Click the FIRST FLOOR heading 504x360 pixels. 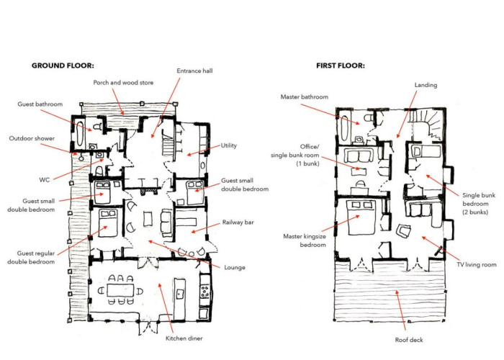pos(340,66)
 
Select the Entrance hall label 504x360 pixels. pos(194,71)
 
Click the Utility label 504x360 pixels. pos(230,145)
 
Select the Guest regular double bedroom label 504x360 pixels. pos(32,257)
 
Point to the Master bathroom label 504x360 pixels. pos(305,97)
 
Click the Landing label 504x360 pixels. pos(426,84)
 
